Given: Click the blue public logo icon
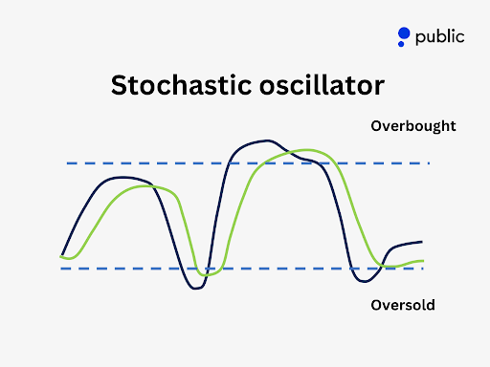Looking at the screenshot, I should tap(404, 37).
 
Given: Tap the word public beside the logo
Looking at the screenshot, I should tap(439, 37).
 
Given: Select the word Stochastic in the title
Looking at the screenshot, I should tap(177, 85).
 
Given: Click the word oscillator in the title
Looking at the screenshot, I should tap(317, 85).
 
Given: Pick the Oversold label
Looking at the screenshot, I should tap(402, 306).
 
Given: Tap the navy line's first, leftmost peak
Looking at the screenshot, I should tap(122, 177).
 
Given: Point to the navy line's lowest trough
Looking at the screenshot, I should tap(196, 288).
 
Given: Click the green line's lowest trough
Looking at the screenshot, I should tap(204, 274).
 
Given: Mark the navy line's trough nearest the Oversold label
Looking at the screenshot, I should tap(363, 281).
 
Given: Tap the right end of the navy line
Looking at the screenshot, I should tap(421, 242).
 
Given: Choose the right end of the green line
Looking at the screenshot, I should tap(423, 261).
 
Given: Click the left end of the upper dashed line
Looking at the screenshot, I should tap(68, 163).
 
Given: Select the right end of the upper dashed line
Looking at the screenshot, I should tap(428, 163).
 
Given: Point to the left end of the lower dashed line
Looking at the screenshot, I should tap(61, 269).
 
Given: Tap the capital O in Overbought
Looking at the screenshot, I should tap(375, 125).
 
